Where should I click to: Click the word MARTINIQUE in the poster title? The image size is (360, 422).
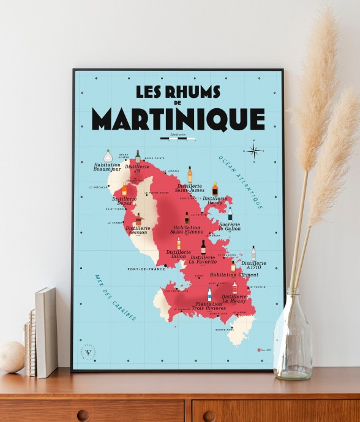point(178,119)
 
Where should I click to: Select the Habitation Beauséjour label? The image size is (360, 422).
point(107,166)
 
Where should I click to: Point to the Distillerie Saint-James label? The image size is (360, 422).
point(190,188)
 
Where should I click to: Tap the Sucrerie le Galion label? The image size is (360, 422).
point(230,226)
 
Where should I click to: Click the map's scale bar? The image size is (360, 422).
point(178,138)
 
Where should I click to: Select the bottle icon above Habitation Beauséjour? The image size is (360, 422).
point(108,155)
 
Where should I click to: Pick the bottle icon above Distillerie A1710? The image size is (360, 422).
point(253,253)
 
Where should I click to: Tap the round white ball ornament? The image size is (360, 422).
point(12,357)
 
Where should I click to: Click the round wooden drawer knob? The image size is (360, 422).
point(83,415)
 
